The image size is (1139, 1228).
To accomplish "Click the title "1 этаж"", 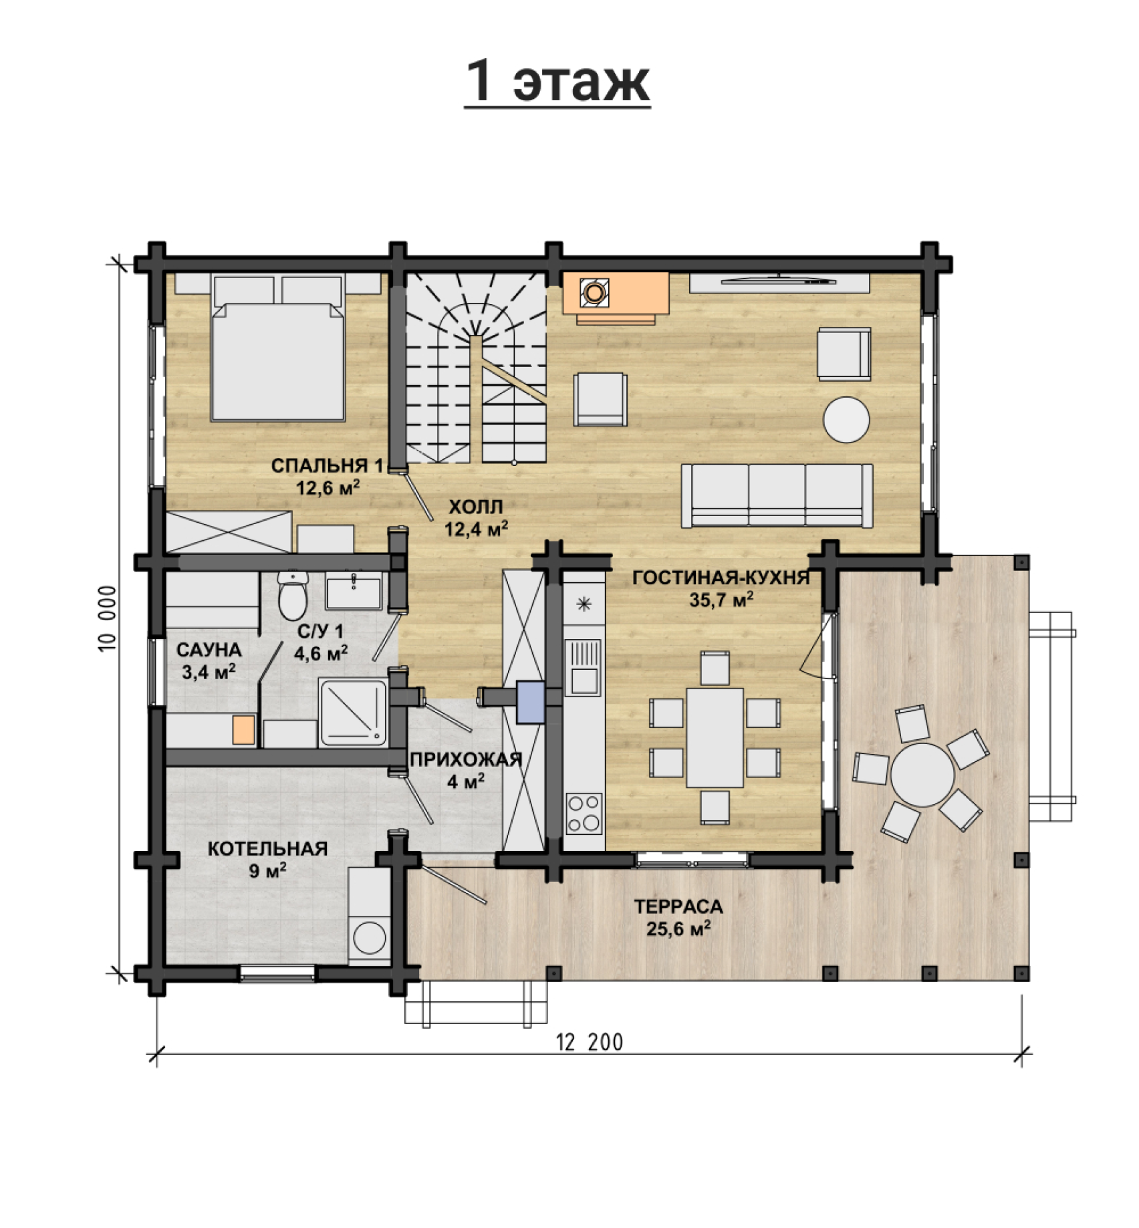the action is coord(557,81).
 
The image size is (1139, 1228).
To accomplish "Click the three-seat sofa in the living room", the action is coord(777,495).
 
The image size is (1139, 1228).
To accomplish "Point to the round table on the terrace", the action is coord(922,775).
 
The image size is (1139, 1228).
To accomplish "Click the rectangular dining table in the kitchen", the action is coord(715,737).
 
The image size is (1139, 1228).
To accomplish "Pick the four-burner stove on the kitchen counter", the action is coord(584,813).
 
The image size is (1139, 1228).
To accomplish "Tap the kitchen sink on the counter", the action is coord(583,667).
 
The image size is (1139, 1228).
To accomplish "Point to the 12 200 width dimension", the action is coord(589,1042).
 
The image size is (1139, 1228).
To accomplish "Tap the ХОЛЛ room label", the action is coord(475,506).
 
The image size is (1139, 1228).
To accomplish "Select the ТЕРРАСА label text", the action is coord(678,907).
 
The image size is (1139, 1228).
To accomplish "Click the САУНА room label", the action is coord(209,650).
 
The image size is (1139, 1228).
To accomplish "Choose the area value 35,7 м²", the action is coord(721,599).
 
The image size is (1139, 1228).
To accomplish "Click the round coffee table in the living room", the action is coord(846,420).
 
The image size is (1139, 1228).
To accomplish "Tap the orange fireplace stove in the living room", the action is coord(616,295).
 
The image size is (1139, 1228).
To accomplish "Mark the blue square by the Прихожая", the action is coord(531,701).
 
